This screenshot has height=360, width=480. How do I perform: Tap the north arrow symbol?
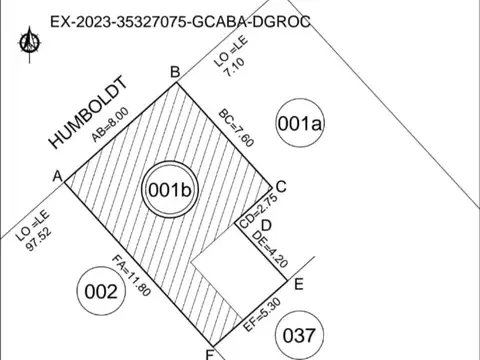[x=30, y=42]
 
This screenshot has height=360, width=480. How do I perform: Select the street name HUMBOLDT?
[x=91, y=112]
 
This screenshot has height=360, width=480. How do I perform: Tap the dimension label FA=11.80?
[x=131, y=277]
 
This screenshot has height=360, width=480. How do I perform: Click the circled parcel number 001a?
[x=300, y=124]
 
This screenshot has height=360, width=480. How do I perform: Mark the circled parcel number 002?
[x=102, y=293]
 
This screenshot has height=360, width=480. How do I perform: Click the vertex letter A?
[x=57, y=176]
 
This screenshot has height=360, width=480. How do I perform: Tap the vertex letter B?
[x=174, y=71]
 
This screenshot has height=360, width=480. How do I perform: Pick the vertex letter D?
[x=266, y=225]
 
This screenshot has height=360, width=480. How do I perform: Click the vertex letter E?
[x=299, y=283]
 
